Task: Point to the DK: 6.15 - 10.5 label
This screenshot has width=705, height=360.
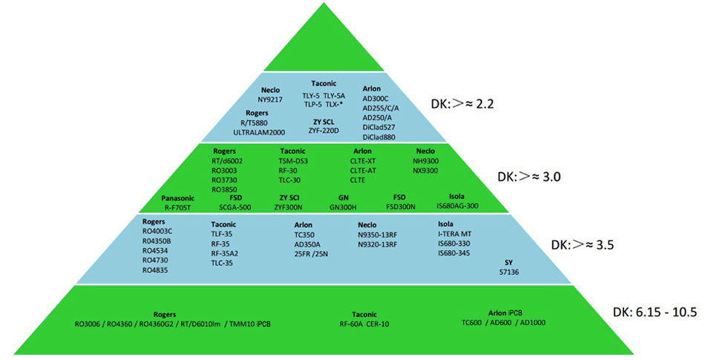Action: tap(655, 312)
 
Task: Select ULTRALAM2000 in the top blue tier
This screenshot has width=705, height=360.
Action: tap(260, 131)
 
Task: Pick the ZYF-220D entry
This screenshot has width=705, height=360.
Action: tap(324, 130)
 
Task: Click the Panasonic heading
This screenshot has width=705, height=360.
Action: tap(178, 199)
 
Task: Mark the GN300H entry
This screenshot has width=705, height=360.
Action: tap(342, 208)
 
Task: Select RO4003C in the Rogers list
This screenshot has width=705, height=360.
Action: tap(157, 232)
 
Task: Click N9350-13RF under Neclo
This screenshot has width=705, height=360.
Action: tap(378, 233)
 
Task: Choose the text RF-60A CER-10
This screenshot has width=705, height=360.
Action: tap(364, 324)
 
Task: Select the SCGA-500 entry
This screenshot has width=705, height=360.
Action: tap(232, 208)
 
